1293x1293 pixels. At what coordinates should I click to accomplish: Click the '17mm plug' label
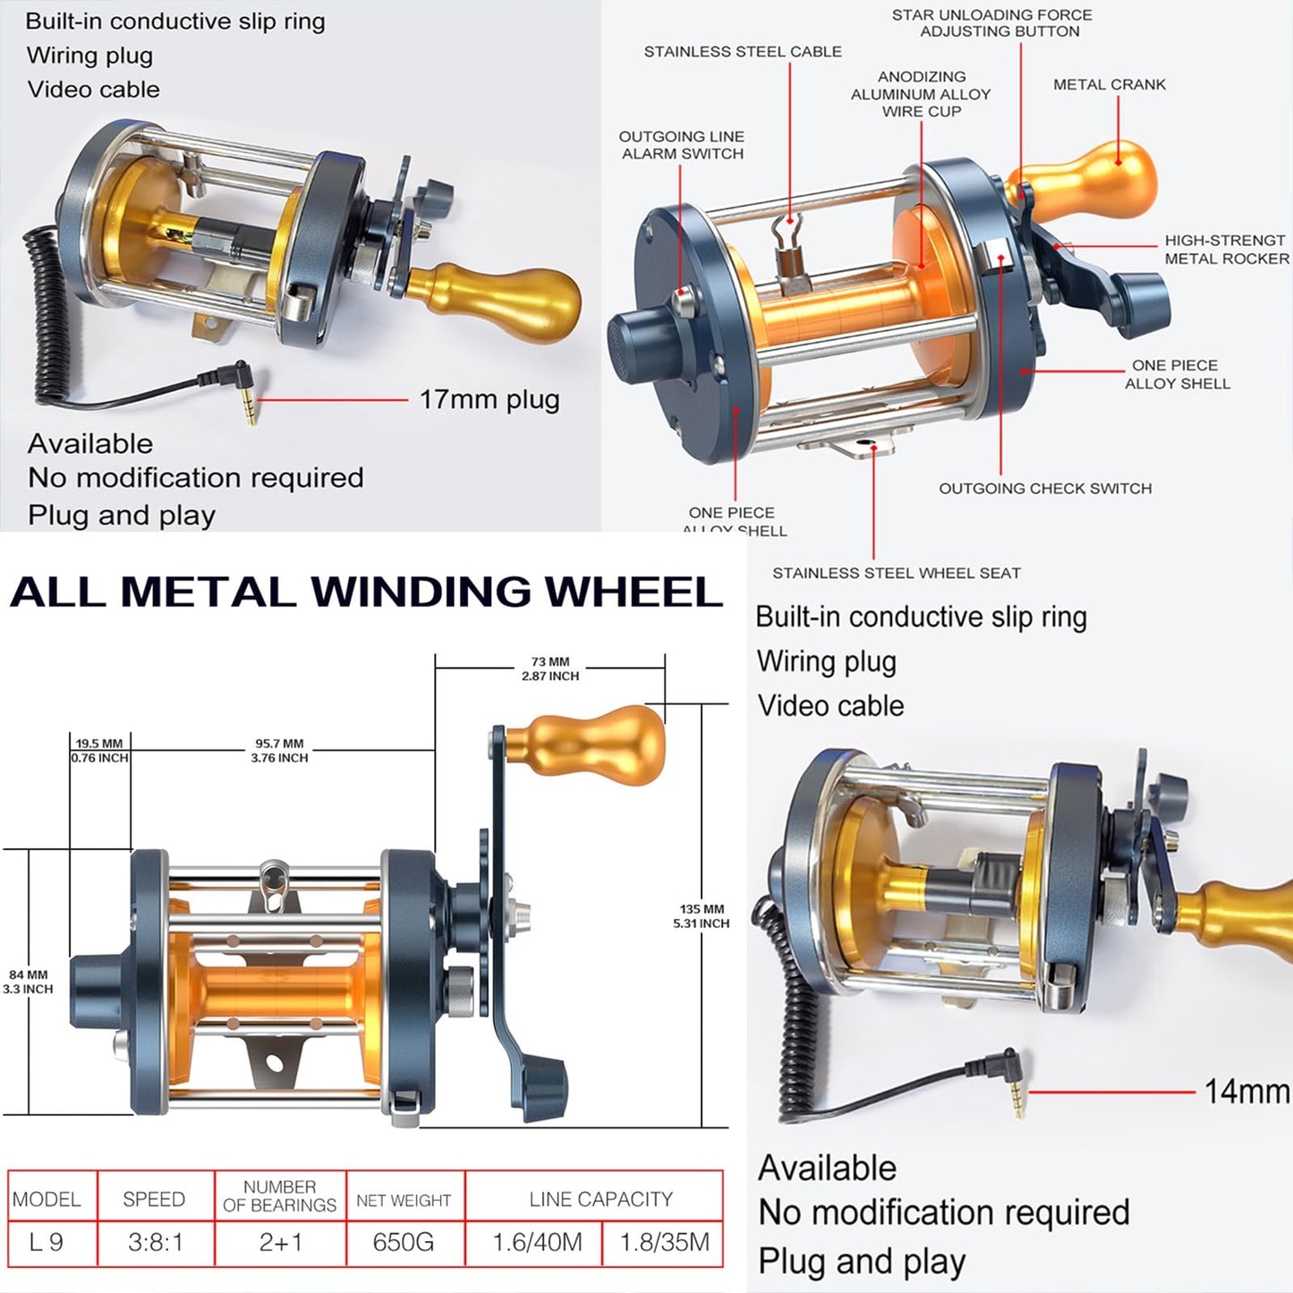[x=489, y=399]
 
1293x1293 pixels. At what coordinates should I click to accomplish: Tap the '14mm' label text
[x=1246, y=1091]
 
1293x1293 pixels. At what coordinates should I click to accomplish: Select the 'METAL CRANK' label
[x=1109, y=84]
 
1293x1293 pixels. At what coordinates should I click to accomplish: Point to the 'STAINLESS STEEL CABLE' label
[x=743, y=52]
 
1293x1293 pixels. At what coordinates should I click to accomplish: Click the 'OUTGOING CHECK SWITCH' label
[x=1044, y=489]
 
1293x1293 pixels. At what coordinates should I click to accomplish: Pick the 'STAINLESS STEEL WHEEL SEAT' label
[x=896, y=573]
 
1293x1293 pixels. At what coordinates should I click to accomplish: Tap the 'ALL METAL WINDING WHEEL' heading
[x=365, y=592]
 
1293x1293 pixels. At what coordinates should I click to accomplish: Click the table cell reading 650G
[x=404, y=1242]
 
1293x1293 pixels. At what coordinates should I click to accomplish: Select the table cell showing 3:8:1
[x=155, y=1242]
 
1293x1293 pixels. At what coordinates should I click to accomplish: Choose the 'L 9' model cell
[x=47, y=1242]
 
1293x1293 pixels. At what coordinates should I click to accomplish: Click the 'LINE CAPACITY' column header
[x=600, y=1199]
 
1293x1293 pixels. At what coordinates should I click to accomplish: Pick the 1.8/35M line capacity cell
[x=664, y=1242]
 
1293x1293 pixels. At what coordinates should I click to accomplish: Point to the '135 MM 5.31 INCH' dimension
[x=701, y=915]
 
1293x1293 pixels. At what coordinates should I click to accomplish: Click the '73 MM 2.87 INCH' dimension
[x=550, y=669]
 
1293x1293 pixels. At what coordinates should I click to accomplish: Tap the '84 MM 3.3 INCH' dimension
[x=28, y=982]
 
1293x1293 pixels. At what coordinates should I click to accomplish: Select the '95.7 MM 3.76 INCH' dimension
[x=279, y=750]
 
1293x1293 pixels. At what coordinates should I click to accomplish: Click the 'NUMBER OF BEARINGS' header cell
[x=279, y=1195]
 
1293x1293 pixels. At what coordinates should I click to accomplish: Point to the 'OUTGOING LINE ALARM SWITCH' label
[x=682, y=145]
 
